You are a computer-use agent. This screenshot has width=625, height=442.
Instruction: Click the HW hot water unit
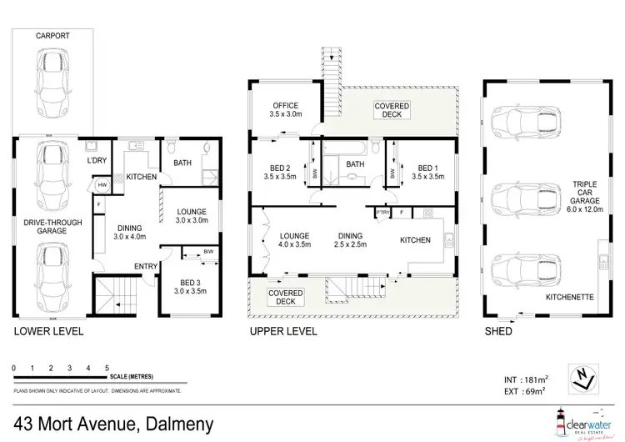102,185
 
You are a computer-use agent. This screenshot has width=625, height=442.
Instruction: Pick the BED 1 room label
426,172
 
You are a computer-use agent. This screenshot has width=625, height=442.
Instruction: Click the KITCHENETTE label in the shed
568,295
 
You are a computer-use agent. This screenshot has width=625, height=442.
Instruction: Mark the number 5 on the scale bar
106,367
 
